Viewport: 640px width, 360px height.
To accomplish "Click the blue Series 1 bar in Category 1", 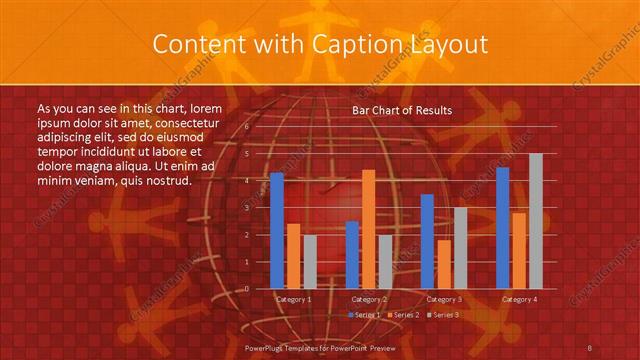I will [x=277, y=230].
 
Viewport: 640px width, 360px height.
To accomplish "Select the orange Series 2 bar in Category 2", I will [x=368, y=229].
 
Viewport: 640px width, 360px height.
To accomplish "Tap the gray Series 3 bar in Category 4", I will [x=535, y=221].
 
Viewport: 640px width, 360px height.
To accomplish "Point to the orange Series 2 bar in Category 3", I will [x=443, y=264].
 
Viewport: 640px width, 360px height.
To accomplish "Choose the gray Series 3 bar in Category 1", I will [x=310, y=261].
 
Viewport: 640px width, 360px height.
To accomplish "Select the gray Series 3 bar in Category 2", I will [x=385, y=261].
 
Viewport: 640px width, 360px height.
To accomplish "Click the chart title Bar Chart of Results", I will [x=402, y=110].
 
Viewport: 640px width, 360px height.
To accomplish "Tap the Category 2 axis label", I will [x=368, y=299].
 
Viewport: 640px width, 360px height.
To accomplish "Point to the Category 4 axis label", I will [x=519, y=299].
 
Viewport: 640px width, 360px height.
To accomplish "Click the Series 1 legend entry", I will [x=364, y=315].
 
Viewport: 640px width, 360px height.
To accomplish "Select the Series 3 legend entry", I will [x=444, y=315].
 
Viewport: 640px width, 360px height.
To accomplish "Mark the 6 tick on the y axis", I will [x=247, y=127].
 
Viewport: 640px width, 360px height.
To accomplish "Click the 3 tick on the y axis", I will [x=247, y=208].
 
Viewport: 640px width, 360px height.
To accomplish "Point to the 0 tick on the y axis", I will [x=247, y=288].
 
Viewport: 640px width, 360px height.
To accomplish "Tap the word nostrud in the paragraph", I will [x=167, y=180].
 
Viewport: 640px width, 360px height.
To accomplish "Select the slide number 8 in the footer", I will [x=590, y=346].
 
